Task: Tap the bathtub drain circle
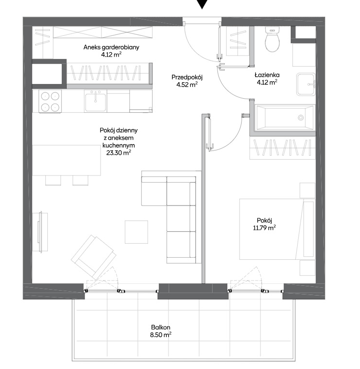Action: point(301,118)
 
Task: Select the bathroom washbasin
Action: point(306,84)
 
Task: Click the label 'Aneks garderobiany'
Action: point(111,47)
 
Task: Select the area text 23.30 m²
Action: point(118,153)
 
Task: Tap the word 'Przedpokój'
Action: point(187,77)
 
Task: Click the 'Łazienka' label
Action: point(267,75)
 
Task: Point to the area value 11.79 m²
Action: point(264,228)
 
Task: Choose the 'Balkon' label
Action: point(160,327)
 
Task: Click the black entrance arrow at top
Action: point(202,4)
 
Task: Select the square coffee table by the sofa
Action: point(136,232)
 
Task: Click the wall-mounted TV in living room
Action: point(41,232)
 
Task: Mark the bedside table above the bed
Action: point(307,191)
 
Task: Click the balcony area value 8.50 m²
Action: point(160,335)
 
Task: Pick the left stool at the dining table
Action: point(53,180)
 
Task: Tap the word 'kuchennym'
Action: point(118,146)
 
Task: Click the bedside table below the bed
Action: point(307,268)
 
